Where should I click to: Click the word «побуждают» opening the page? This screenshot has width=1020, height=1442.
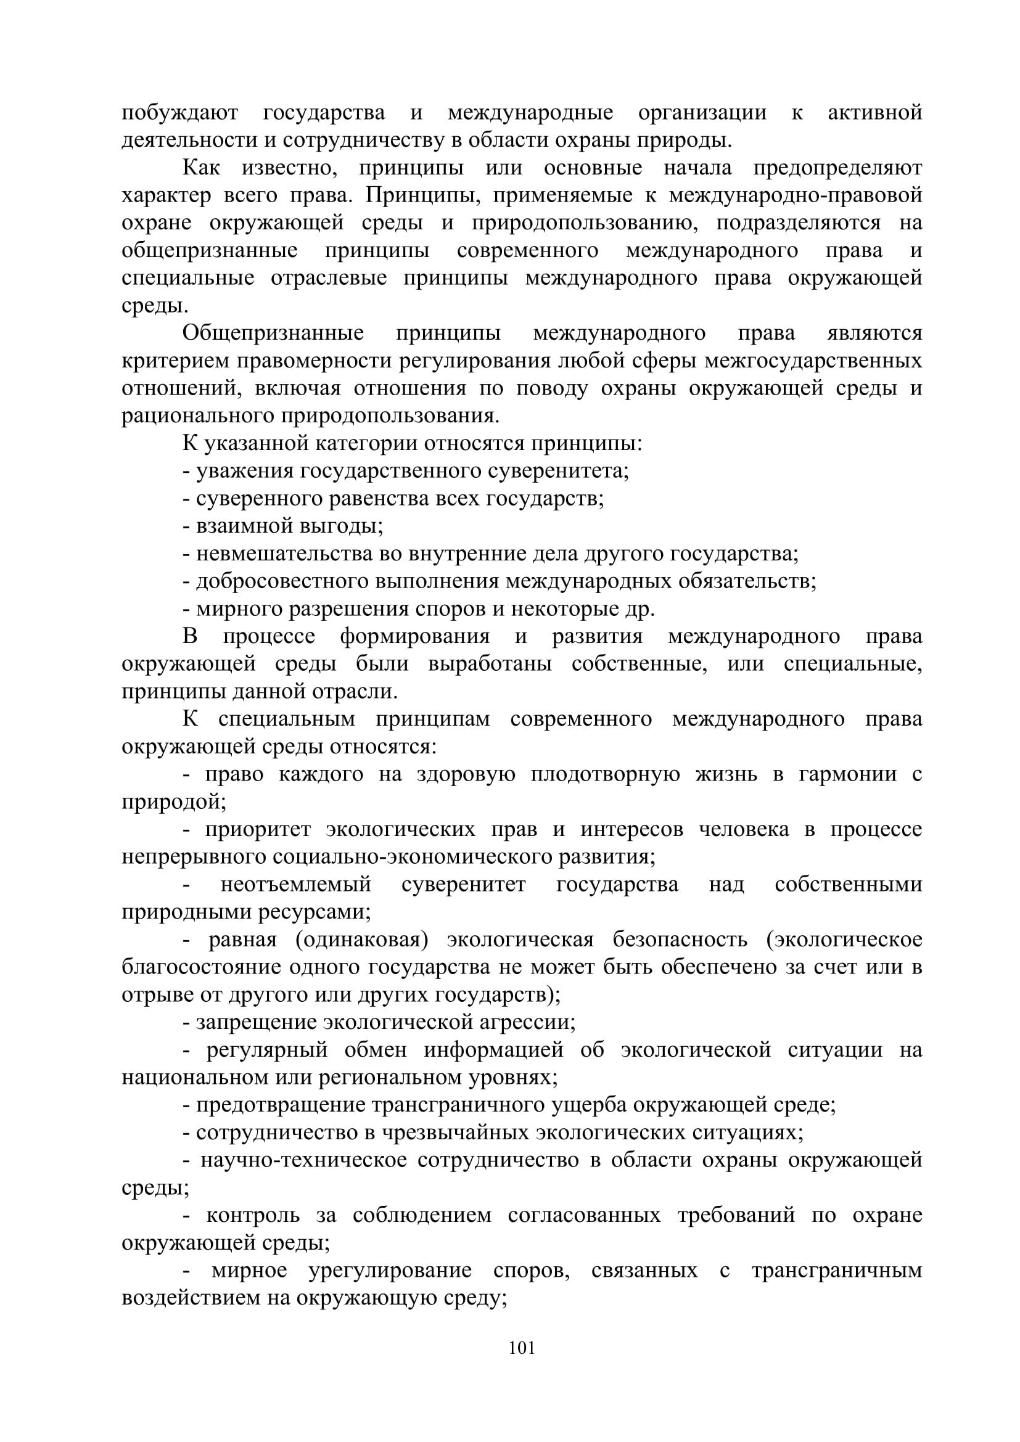point(179,113)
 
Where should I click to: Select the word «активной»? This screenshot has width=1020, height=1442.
point(875,113)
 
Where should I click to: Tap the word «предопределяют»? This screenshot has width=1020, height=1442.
point(838,168)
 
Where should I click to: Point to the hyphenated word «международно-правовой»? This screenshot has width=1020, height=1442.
point(795,196)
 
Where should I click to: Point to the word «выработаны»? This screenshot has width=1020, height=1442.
point(490,665)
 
